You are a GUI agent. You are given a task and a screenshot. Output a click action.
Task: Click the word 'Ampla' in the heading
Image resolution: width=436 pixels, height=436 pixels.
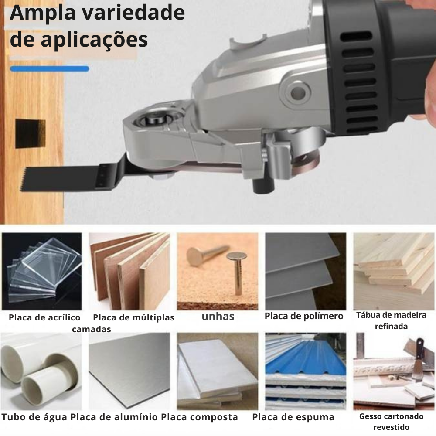point(43,13)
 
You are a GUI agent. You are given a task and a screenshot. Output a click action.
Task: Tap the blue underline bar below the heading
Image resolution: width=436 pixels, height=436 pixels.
point(50,69)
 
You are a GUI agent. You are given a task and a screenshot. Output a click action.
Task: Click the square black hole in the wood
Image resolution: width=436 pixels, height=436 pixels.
point(31,133)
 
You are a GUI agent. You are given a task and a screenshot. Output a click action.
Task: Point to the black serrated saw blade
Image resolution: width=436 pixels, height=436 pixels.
point(69,177)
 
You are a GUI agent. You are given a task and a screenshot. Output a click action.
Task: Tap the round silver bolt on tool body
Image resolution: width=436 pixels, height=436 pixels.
point(298,92)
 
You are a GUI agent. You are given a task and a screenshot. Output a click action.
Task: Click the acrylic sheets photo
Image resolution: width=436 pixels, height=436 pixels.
point(42,271)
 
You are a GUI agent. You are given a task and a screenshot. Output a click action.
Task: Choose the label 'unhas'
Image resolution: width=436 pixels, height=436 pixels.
point(218,316)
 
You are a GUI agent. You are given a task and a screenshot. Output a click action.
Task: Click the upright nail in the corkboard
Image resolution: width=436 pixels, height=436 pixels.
point(238,272)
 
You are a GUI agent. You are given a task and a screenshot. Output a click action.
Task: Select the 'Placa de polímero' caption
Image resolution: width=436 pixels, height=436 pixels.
point(304,316)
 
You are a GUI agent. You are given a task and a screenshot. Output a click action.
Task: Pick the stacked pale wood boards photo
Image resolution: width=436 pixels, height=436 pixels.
point(393,271)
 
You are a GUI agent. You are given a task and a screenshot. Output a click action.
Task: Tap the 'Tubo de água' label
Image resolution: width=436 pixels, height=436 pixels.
point(34,417)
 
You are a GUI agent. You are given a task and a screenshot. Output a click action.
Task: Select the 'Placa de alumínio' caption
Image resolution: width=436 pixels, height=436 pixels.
point(114,417)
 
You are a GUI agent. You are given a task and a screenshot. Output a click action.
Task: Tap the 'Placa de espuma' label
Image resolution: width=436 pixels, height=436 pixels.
point(293,417)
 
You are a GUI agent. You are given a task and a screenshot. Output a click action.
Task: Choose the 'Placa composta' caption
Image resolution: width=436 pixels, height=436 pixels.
point(199,417)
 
